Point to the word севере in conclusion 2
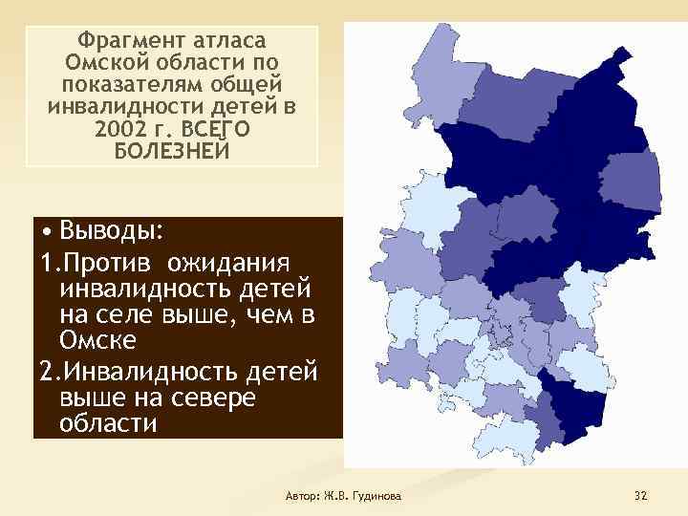pyautogui.click(x=206, y=397)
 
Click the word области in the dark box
pyautogui.click(x=107, y=422)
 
